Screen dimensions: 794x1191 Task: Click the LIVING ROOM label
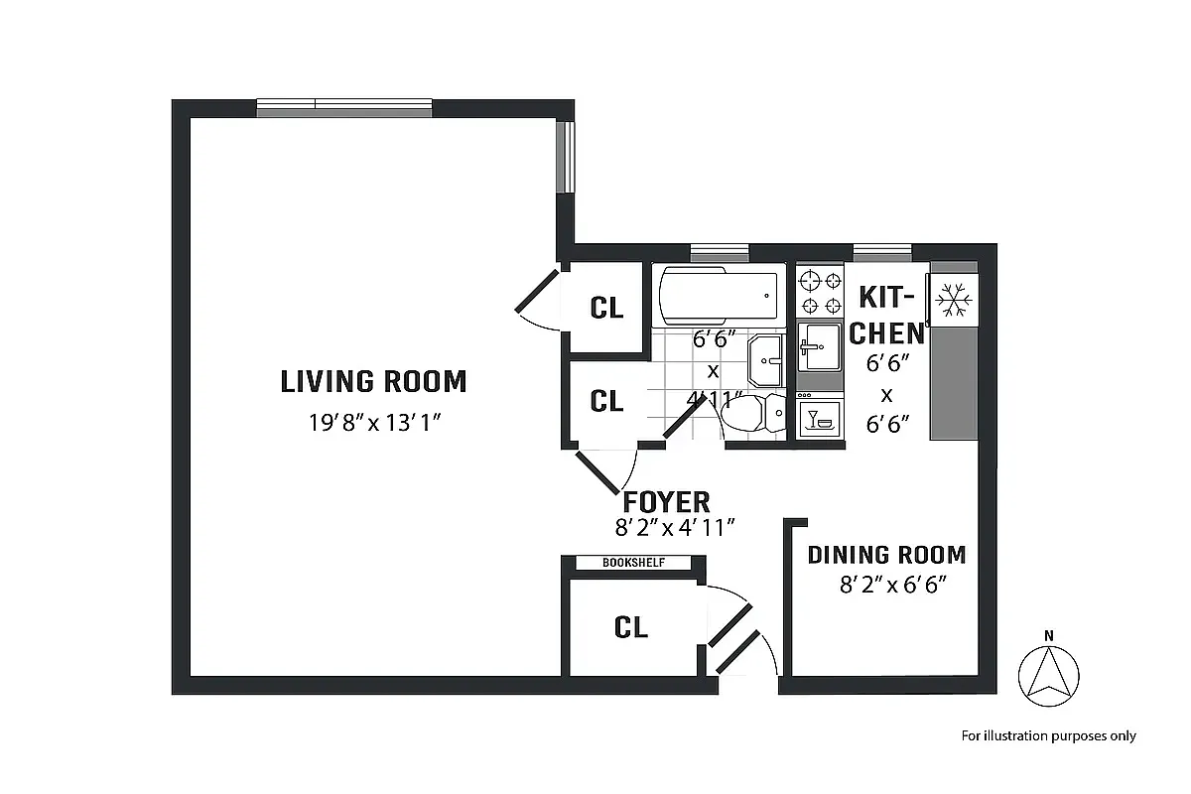pyautogui.click(x=373, y=381)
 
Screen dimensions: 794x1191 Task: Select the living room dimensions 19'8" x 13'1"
pyautogui.click(x=373, y=423)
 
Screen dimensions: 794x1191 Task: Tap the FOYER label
pyautogui.click(x=666, y=501)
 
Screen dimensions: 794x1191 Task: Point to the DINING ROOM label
pyautogui.click(x=886, y=554)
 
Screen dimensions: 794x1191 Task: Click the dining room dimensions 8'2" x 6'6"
pyautogui.click(x=886, y=585)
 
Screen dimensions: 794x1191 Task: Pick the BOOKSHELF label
pyautogui.click(x=633, y=563)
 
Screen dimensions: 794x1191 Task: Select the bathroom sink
pyautogui.click(x=767, y=359)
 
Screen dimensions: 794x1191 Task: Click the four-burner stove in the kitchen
pyautogui.click(x=821, y=292)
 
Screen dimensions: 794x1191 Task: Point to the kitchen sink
pyautogui.click(x=820, y=346)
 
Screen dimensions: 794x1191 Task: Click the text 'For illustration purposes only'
pyautogui.click(x=1048, y=735)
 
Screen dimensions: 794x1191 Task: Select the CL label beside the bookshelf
pyautogui.click(x=631, y=627)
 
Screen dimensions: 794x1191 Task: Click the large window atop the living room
pyautogui.click(x=343, y=108)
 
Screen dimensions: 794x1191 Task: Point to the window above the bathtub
pyautogui.click(x=719, y=252)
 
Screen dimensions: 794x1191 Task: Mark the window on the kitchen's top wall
pyautogui.click(x=881, y=252)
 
